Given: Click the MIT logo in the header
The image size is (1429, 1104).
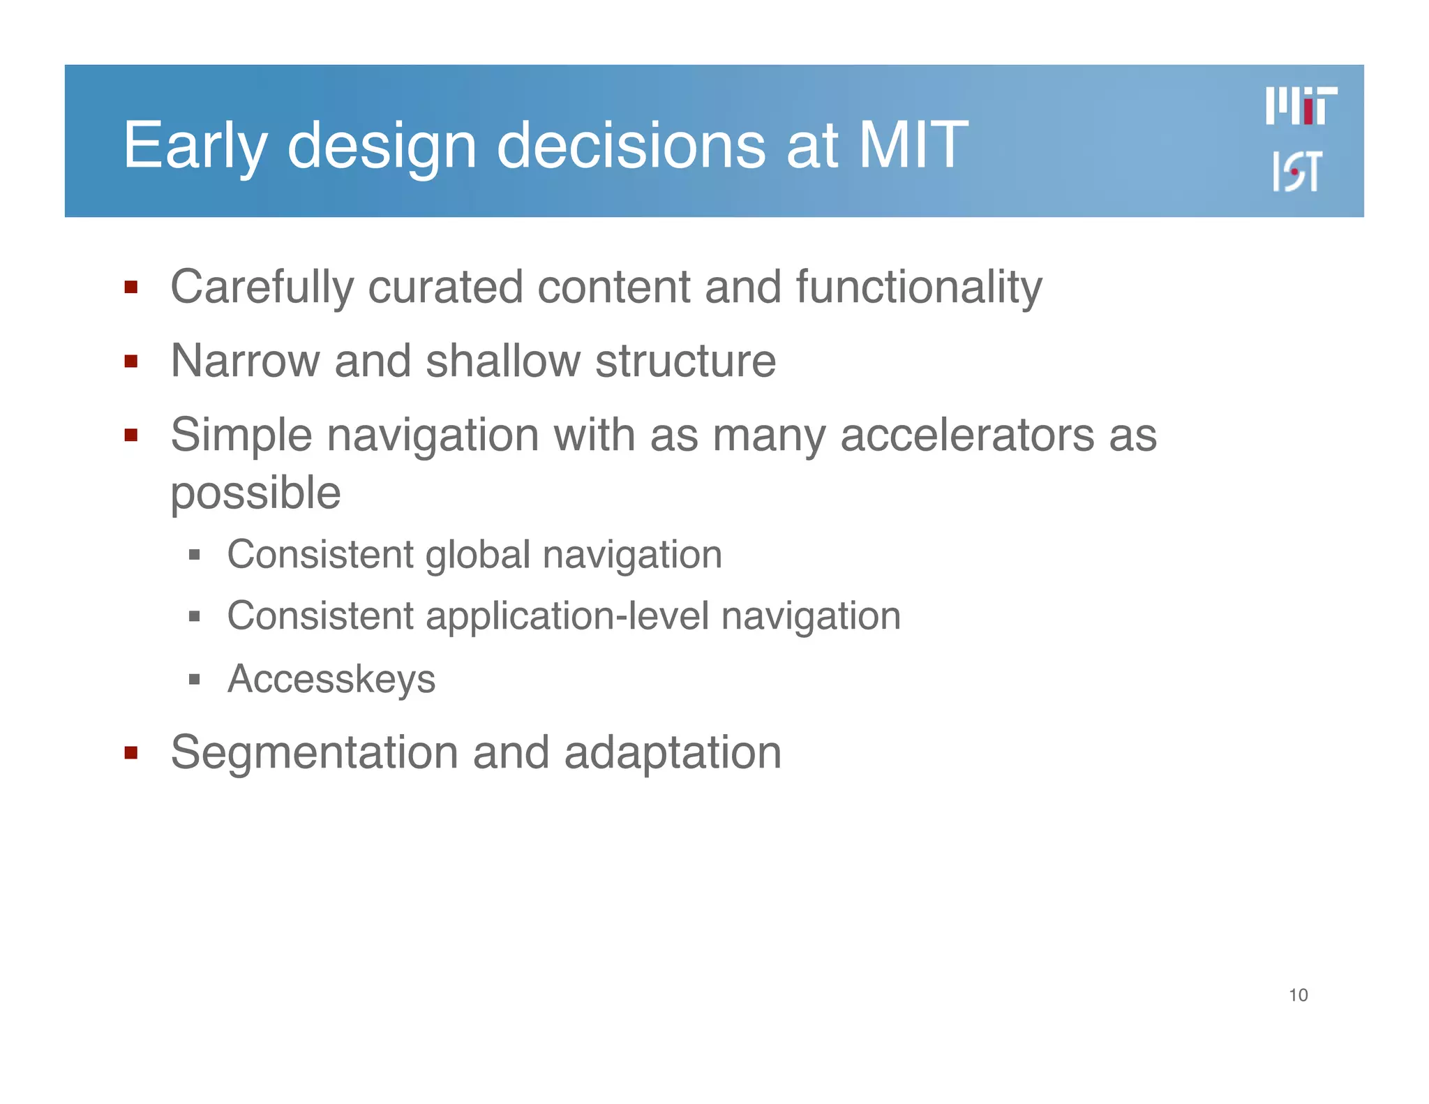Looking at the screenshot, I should point(1301,106).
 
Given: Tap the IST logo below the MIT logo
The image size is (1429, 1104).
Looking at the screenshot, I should point(1296,171).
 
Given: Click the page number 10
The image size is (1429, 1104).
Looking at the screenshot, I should point(1298,995).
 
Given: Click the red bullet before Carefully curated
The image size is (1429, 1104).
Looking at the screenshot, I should point(130,287).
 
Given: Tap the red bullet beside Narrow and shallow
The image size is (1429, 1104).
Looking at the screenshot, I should point(130,361).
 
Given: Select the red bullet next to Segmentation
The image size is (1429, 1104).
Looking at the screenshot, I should point(130,752).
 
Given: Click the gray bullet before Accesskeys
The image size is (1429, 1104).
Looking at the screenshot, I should point(195,679).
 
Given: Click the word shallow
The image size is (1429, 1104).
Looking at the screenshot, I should point(502,361).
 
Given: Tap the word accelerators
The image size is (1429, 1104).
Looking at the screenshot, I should point(967,435).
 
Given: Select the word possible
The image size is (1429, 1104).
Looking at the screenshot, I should point(255,494).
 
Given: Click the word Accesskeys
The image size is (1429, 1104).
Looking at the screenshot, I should point(331,679).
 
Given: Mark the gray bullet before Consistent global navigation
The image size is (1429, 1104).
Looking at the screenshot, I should point(195,555).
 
